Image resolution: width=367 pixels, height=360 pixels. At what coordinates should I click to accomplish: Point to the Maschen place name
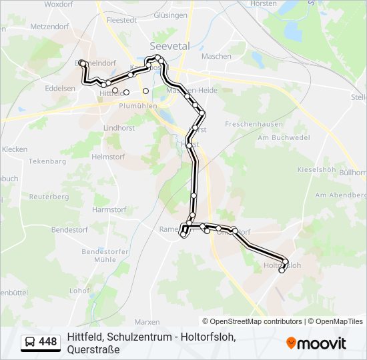pos(216,56)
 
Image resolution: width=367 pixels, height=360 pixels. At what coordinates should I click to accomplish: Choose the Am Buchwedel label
pos(284,138)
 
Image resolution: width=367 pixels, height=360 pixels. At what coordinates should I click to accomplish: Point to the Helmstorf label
pos(109,157)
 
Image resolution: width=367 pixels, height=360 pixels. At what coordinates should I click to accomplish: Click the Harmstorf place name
pos(109,209)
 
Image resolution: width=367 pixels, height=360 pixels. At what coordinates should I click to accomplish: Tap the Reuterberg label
pos(49,197)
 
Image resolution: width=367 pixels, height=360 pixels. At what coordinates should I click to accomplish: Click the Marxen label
pos(147,321)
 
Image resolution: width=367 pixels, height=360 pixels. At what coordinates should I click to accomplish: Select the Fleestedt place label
pos(121,20)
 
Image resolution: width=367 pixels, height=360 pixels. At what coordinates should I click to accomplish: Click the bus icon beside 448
pos(31,342)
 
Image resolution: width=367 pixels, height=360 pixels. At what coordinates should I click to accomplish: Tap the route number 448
pos(48,342)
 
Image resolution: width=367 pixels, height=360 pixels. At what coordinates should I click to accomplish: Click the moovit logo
pos(316,343)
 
